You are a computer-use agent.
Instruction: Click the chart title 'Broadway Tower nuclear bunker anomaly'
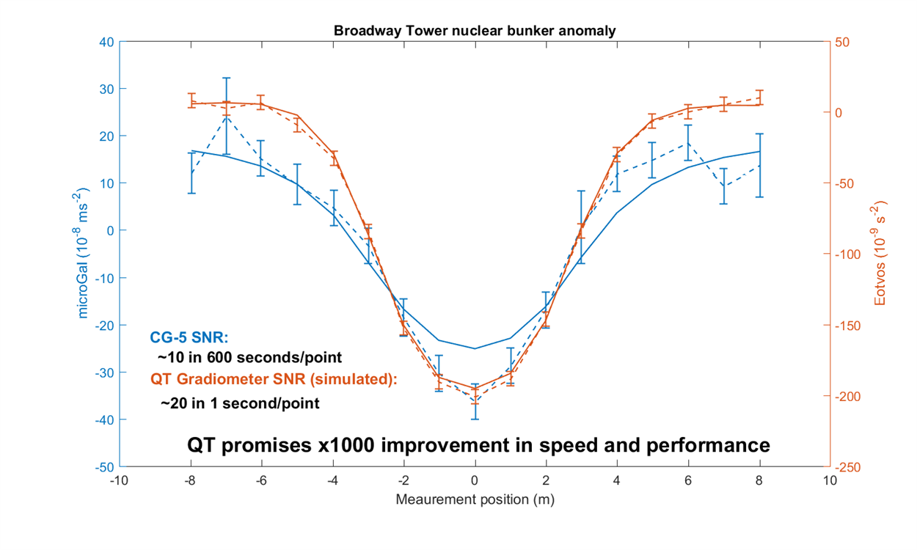pos(474,31)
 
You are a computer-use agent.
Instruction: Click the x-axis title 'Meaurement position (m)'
pos(475,500)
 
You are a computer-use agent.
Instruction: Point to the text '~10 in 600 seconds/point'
pos(250,357)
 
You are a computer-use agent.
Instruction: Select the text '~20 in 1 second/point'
pos(240,403)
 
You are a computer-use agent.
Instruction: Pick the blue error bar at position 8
pos(759,165)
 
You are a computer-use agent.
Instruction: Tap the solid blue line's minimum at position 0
pos(475,348)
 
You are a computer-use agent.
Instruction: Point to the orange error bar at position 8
pos(759,98)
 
